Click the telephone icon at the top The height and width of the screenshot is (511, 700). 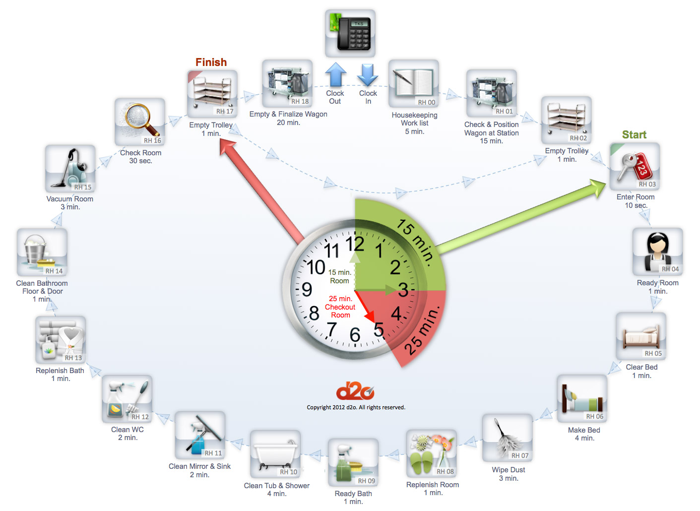point(350,33)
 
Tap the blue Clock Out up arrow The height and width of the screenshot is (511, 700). point(336,74)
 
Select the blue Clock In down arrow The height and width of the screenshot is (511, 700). point(368,75)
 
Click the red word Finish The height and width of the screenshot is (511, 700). point(211,62)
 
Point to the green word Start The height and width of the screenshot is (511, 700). point(634,135)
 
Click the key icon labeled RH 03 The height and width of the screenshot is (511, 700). point(635,167)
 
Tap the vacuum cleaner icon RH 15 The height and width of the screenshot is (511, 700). point(70,169)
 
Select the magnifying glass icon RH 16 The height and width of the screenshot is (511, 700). point(140,122)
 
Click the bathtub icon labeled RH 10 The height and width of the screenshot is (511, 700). point(275,454)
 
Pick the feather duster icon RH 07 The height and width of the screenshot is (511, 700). point(508,438)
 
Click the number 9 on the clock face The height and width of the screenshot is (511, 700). point(307,289)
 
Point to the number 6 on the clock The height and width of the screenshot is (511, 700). point(355,335)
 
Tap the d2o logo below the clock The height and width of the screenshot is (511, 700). point(355,392)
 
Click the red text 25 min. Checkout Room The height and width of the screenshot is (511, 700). point(340,307)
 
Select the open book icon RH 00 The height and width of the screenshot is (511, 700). point(414,84)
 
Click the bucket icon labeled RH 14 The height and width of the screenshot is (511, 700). point(42,252)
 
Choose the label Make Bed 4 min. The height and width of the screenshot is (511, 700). point(584,434)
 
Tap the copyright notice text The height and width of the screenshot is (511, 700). point(356,407)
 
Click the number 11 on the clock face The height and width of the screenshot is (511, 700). point(331,251)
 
